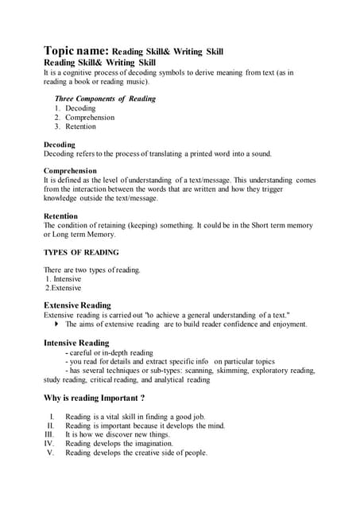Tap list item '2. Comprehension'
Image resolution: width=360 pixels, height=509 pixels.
84,117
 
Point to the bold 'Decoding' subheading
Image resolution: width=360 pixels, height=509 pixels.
60,145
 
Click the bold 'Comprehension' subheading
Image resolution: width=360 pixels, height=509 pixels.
70,170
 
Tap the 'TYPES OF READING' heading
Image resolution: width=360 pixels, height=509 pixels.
81,252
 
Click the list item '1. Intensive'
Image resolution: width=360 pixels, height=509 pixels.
64,279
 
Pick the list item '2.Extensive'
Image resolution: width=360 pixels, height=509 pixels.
64,288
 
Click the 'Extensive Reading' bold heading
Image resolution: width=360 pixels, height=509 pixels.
77,305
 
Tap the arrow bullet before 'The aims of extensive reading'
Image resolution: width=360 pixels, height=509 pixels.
57,324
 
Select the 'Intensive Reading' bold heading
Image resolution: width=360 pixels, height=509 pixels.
76,343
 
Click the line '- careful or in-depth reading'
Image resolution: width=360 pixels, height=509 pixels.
110,352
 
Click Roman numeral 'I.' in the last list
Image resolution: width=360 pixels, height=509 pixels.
52,416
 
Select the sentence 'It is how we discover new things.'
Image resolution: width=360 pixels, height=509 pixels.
118,434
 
